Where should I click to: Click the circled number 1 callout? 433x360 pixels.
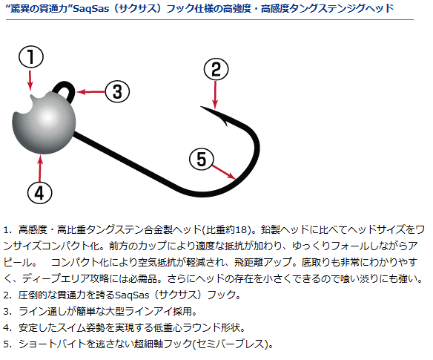[31, 56]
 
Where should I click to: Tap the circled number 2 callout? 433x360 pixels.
[216, 69]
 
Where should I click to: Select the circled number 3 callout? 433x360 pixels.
[117, 91]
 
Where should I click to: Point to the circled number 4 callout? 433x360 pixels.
[40, 192]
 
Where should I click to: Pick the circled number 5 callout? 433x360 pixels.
[202, 160]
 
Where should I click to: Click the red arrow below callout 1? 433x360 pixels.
[30, 80]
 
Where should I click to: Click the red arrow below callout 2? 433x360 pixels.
[216, 95]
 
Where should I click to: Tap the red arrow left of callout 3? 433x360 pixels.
[90, 92]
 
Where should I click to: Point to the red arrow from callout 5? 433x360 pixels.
[224, 172]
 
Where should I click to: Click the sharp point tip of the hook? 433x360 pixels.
[201, 106]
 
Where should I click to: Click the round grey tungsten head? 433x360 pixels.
[44, 123]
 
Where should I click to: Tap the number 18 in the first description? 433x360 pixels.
[240, 230]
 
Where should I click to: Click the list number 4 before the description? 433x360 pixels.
[7, 327]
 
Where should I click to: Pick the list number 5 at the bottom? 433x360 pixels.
[7, 344]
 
